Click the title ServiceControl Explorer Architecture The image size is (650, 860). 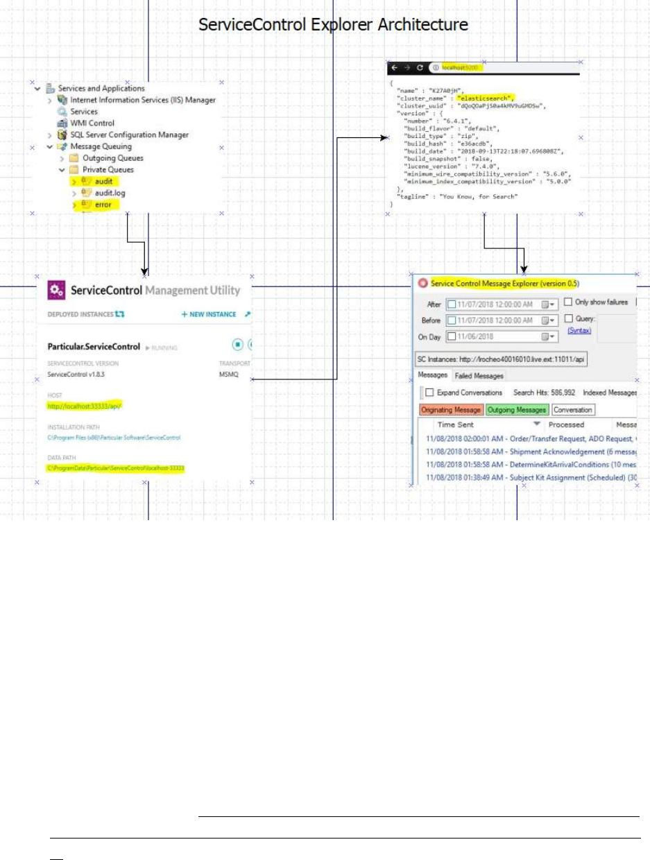point(334,26)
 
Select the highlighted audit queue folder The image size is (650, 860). point(103,181)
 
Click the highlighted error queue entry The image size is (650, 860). point(103,205)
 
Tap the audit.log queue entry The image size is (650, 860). point(110,193)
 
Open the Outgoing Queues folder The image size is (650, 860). point(112,158)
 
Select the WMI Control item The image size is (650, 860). point(92,123)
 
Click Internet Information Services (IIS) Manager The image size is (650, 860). point(142,100)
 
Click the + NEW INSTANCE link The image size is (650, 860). point(209,314)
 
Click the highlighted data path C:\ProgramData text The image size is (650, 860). point(120,469)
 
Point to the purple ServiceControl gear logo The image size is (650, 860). point(56,290)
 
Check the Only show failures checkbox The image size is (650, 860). point(568,302)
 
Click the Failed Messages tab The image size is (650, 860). point(479,376)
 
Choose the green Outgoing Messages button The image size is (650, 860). point(517,410)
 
